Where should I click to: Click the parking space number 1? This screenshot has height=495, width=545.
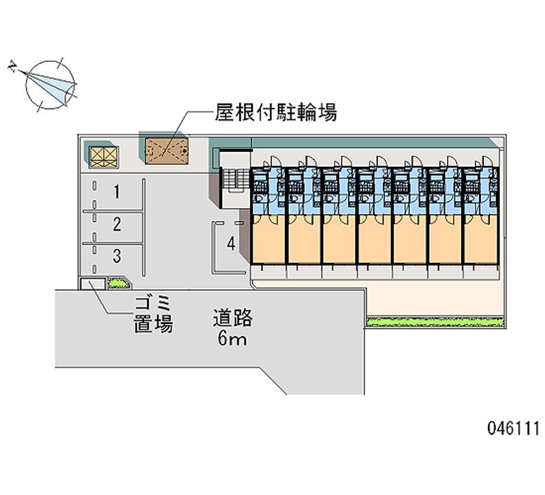pos(116,192)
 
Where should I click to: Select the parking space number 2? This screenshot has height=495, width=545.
pos(116,225)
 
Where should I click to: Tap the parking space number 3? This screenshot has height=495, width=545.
pos(116,256)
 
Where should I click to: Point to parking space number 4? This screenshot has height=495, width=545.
pos(231,243)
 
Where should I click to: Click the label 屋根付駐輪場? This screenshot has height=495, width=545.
pos(276,112)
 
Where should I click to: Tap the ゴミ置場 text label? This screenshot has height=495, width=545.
pos(153,315)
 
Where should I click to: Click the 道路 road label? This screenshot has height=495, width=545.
pos(233,318)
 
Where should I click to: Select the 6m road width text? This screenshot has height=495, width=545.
pos(232,338)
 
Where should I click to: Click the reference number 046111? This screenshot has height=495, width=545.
pos(513,428)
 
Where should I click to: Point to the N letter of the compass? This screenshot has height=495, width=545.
pos(13,67)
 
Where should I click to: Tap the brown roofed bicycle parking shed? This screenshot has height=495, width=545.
pos(167,151)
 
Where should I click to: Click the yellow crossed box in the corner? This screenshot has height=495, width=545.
pos(104,157)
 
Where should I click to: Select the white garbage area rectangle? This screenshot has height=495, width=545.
pos(93,284)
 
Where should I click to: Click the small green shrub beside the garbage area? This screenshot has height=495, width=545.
pos(118,283)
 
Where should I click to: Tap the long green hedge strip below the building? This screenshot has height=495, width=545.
pos(435,322)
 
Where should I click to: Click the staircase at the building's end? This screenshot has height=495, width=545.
pos(235,179)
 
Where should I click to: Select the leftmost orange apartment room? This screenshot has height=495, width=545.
pos(268,240)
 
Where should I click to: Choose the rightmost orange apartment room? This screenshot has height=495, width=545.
pos(481,240)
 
